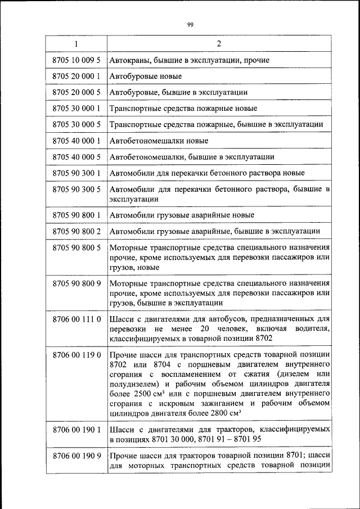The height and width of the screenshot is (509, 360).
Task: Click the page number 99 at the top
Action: point(190,24)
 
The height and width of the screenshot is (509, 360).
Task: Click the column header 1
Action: point(76,44)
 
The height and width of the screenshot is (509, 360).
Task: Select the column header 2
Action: point(219,44)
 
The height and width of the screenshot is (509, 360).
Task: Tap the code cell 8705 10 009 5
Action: point(76,60)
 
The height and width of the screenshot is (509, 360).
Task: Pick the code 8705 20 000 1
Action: point(76,75)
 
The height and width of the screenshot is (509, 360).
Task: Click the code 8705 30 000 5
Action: point(76,124)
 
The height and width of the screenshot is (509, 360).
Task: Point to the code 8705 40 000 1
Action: point(76,141)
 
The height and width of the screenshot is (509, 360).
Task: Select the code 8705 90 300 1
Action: point(76,173)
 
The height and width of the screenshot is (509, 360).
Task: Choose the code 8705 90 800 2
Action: point(76,231)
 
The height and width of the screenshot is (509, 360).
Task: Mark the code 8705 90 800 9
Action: point(76,283)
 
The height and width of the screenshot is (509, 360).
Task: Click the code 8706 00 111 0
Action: point(76,319)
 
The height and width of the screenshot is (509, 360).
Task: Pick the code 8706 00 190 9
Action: point(76,456)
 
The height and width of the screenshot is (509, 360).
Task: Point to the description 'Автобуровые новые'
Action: point(145,75)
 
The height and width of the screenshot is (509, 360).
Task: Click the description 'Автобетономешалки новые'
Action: point(155,141)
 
